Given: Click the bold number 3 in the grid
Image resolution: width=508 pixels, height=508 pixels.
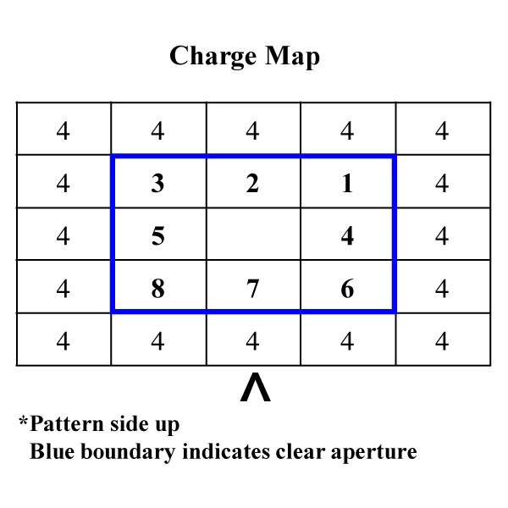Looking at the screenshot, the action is tap(157, 184).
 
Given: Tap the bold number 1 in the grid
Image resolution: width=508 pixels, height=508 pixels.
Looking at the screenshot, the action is tap(347, 184).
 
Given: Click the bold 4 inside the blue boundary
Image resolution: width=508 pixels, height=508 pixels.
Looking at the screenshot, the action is tap(347, 236).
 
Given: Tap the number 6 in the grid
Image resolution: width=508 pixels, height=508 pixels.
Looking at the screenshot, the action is tap(347, 289).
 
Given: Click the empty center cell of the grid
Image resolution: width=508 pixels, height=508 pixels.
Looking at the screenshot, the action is tap(254, 234).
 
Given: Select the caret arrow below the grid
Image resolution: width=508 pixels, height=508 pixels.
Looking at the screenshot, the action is tap(256, 387).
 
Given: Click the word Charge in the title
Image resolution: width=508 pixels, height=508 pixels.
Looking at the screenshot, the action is tap(213, 57).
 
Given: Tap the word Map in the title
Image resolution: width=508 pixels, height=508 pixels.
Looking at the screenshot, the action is tap(293, 57).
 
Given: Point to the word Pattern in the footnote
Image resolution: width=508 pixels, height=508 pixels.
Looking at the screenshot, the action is tap(67, 423).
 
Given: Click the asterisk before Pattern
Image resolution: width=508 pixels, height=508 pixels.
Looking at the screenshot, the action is tap(24, 421).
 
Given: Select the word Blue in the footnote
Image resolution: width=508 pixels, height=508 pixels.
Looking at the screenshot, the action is tap(52, 451).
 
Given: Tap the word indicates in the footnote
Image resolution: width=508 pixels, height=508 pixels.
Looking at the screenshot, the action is tap(226, 451).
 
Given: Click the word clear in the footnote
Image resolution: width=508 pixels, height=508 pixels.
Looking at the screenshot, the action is tap(301, 451).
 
